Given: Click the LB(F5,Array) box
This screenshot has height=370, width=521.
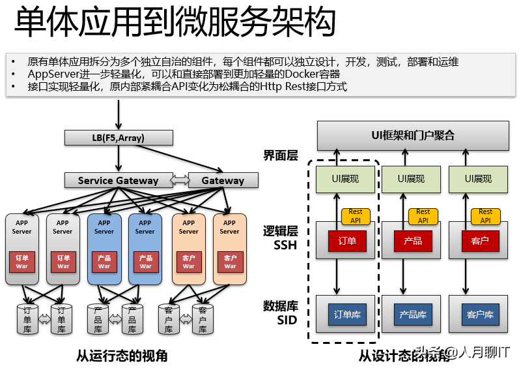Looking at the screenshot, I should (119, 138).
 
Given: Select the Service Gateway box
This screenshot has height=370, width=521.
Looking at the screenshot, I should (118, 180).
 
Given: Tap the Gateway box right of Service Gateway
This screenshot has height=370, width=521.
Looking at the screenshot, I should (223, 180).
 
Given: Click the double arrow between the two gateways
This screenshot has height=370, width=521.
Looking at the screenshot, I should (180, 180).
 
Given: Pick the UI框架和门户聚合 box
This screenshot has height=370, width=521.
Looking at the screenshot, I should (412, 136).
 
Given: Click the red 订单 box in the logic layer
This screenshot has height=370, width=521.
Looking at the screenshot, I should (347, 241).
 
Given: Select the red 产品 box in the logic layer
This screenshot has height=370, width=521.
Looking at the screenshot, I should (413, 241).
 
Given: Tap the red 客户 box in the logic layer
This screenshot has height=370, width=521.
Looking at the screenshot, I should (479, 241).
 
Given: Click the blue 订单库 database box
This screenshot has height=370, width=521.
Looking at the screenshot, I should (347, 315).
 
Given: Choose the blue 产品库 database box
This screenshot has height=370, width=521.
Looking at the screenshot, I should (413, 315).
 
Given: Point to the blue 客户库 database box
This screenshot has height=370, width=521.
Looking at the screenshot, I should (480, 315).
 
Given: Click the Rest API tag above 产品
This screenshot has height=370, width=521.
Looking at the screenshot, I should (423, 216).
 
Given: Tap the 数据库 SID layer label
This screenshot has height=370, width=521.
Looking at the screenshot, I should (281, 313).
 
